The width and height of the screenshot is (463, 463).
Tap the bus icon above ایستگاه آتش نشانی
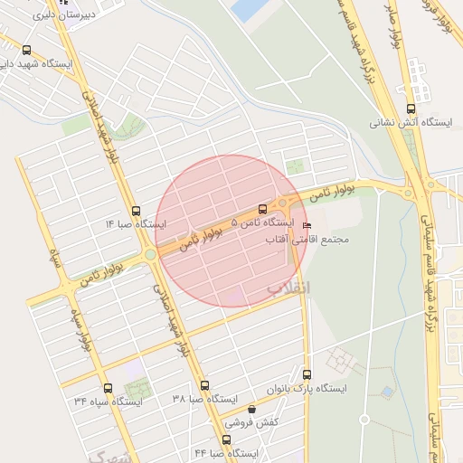coord(411,108)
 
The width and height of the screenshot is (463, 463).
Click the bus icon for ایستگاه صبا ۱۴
coord(136,209)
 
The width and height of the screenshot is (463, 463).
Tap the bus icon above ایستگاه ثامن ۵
coord(262,209)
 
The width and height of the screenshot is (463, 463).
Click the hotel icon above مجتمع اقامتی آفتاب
coord(306,225)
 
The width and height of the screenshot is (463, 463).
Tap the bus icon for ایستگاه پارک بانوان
coord(307,374)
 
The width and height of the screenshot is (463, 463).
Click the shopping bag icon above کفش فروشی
coord(251,410)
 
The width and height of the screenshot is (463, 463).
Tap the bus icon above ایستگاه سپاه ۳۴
coord(108,388)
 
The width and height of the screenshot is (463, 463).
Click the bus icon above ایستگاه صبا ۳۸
coord(203,385)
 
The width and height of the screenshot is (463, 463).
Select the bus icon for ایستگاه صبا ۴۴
coord(225,439)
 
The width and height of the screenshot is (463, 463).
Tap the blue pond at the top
coord(245,10)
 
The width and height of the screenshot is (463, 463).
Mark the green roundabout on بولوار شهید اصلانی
coord(149,255)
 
